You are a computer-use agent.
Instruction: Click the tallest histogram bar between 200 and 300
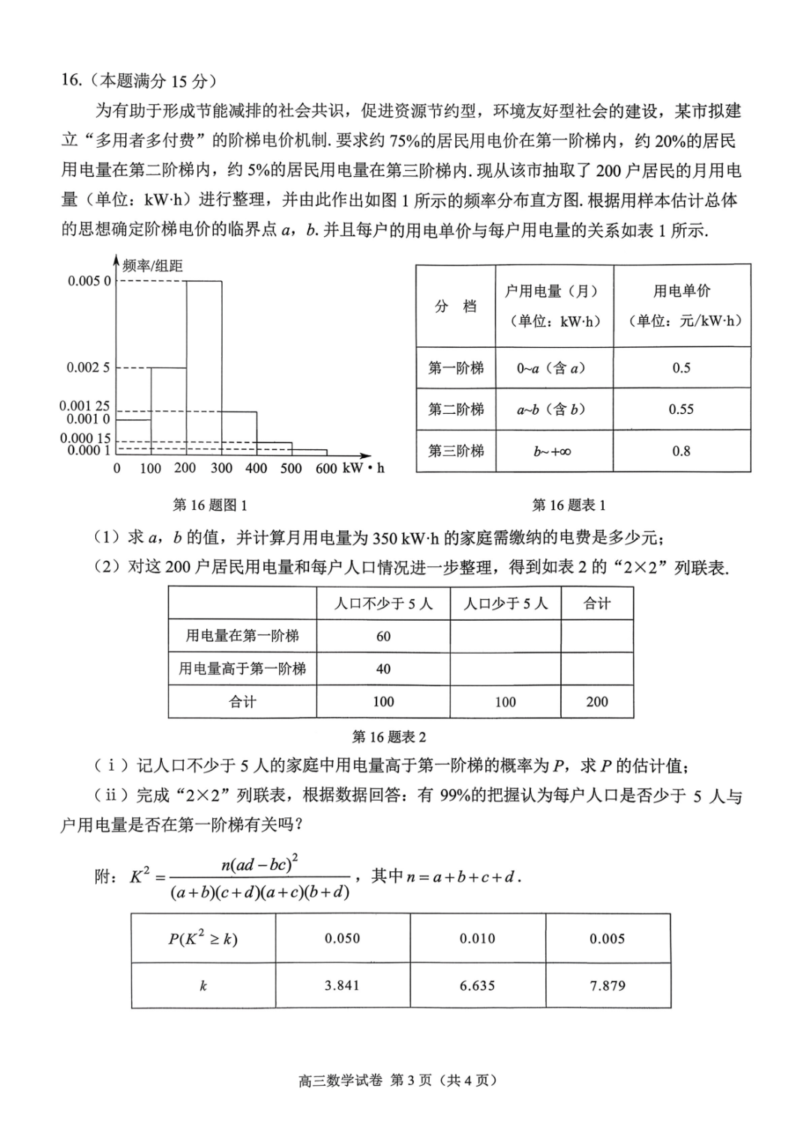(204, 367)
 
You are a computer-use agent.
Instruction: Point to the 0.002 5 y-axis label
(88, 367)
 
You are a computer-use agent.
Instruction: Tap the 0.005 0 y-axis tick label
(88, 281)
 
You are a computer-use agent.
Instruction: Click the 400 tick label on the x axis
(256, 469)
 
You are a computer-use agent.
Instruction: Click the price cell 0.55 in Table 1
(681, 409)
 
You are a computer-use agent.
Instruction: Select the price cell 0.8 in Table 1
(681, 451)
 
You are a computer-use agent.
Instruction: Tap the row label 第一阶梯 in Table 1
(456, 368)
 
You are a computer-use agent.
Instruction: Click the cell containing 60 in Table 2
(383, 637)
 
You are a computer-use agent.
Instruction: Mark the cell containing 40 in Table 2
(383, 669)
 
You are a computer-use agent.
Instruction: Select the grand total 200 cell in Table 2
(597, 702)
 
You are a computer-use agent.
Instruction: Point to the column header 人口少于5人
(505, 604)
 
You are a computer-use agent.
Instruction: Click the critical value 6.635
(478, 985)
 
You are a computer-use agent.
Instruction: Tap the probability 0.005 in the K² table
(607, 939)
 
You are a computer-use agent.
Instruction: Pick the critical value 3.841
(343, 985)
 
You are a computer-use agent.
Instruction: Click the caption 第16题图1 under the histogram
(210, 505)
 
